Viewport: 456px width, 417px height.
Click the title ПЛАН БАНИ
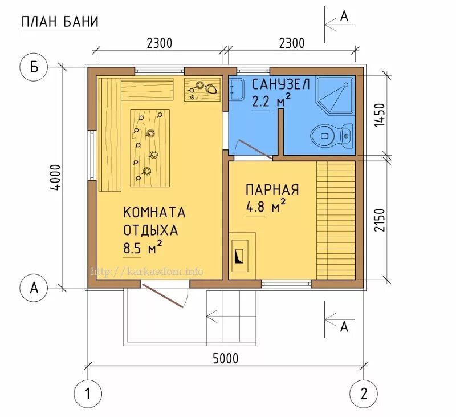[60, 22]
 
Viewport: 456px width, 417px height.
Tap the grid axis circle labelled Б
[34, 67]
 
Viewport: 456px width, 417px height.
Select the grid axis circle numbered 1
[88, 393]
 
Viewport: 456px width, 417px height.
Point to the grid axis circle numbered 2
[364, 393]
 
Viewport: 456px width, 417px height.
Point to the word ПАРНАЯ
[272, 189]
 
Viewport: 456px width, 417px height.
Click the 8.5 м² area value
[143, 248]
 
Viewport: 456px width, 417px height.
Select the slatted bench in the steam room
[336, 219]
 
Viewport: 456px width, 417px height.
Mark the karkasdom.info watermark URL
[147, 272]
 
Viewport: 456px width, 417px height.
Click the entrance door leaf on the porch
[164, 297]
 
